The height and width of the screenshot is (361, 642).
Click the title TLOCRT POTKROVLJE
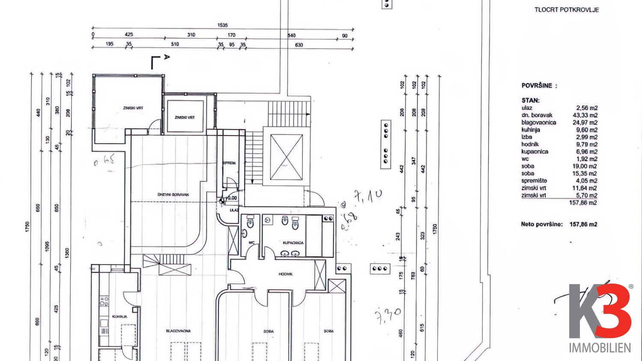coord(566,10)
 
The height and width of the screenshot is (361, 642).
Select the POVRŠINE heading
coord(539,86)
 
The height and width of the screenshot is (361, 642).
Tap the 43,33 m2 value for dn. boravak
coord(585,115)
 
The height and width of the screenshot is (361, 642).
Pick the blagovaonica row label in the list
coord(538,123)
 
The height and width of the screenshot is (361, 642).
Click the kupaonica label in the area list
coord(535,152)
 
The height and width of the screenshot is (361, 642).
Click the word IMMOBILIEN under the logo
coord(600,348)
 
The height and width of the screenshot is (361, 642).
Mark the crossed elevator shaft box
coord(286,157)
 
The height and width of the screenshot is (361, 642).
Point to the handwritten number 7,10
coord(368,196)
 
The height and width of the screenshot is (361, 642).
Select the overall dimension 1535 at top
coord(223,25)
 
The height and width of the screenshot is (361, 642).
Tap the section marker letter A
coord(167,57)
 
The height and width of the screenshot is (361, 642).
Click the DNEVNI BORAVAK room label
coord(173,195)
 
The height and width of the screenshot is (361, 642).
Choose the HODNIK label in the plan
coord(285,274)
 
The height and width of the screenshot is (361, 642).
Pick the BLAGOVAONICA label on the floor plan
coord(178,331)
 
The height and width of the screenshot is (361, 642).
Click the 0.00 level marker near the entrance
coord(232,198)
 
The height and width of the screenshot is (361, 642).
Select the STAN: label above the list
coord(530,101)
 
